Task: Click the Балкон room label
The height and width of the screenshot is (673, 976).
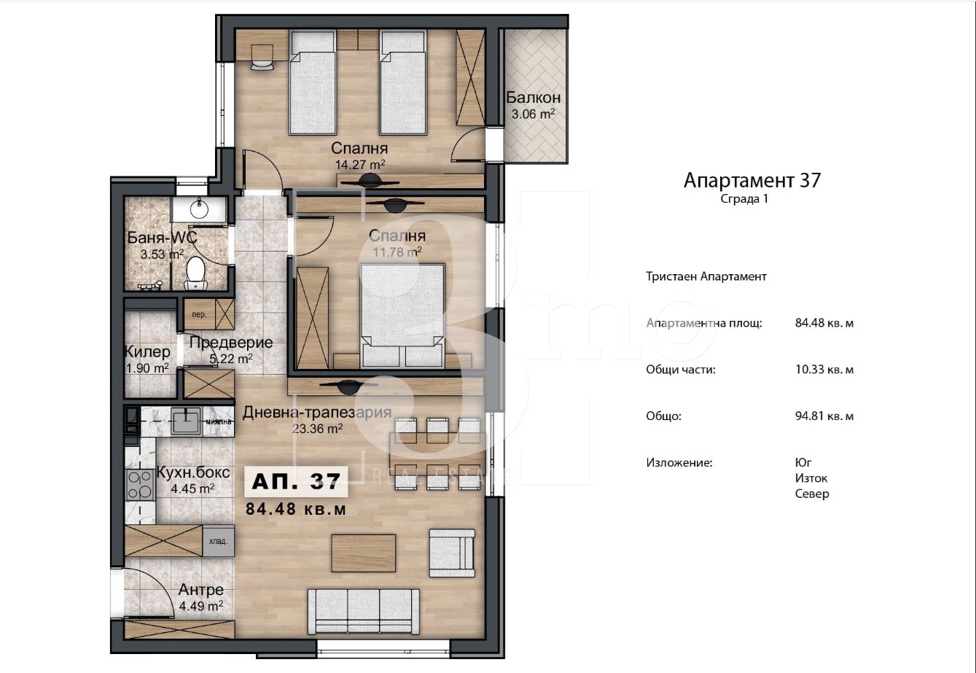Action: pos(533,98)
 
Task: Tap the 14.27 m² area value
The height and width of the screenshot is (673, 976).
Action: pos(360,165)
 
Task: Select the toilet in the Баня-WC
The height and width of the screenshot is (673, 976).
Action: pos(195,273)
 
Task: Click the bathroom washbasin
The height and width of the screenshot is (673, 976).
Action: pos(200,209)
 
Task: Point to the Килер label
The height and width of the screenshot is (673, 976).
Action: pos(147,351)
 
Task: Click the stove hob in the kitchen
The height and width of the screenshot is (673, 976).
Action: pos(139,485)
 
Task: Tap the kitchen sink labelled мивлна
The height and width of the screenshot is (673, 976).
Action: pos(186,421)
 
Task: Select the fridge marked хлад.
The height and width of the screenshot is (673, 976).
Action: pos(218,541)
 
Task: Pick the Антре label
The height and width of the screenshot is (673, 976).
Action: pos(201,590)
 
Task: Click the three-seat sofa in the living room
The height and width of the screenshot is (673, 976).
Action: pos(364,611)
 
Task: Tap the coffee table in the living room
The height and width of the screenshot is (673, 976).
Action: pos(364,553)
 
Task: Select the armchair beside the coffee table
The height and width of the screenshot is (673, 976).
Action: pos(452,553)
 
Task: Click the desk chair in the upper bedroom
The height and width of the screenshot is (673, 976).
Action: pos(262,56)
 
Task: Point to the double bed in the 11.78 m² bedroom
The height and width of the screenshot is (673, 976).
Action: pos(402,315)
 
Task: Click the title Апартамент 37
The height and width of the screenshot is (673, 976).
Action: pos(752,180)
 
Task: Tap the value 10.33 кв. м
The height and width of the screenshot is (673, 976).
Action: pos(824,369)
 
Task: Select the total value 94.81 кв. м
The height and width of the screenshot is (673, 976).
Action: pos(824,416)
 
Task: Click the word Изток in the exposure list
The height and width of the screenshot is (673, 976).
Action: pos(811,478)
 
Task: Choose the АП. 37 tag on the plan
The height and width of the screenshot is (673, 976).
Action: pos(296,481)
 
